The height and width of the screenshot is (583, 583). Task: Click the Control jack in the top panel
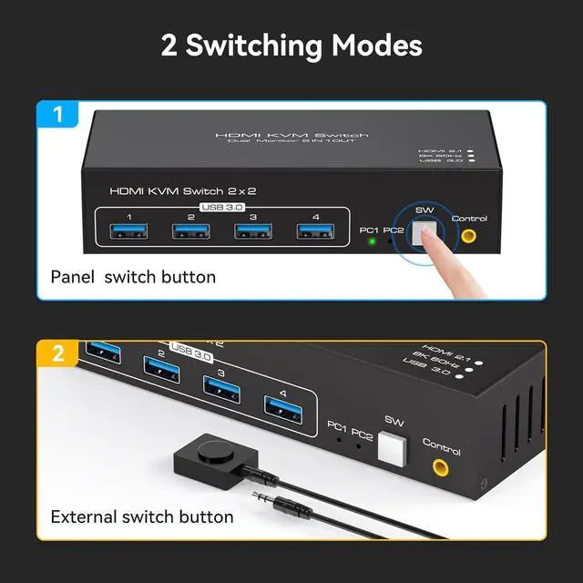click(468, 235)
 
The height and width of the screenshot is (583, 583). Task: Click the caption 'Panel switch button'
click(133, 276)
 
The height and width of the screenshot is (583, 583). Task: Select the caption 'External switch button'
click(142, 517)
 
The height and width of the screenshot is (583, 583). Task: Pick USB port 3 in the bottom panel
click(222, 389)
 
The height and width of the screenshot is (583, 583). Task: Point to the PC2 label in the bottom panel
click(362, 431)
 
